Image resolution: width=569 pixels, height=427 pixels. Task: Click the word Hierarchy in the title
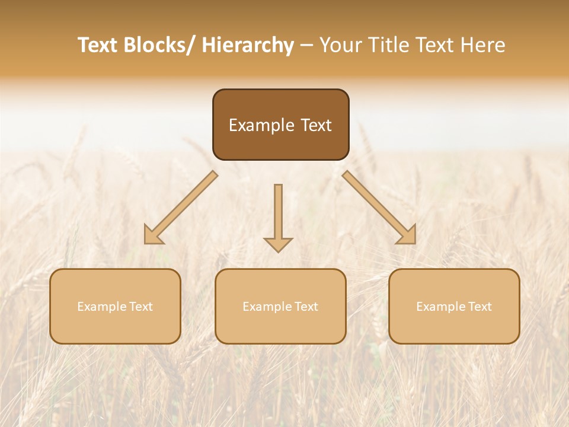pyautogui.click(x=247, y=45)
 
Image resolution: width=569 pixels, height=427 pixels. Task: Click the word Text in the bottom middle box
pyautogui.click(x=305, y=307)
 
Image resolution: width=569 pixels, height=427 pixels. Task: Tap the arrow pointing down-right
pyautogui.click(x=376, y=205)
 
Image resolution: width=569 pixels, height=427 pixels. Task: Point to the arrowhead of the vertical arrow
pyautogui.click(x=278, y=244)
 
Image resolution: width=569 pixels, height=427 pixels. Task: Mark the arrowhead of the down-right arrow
pyautogui.click(x=407, y=235)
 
